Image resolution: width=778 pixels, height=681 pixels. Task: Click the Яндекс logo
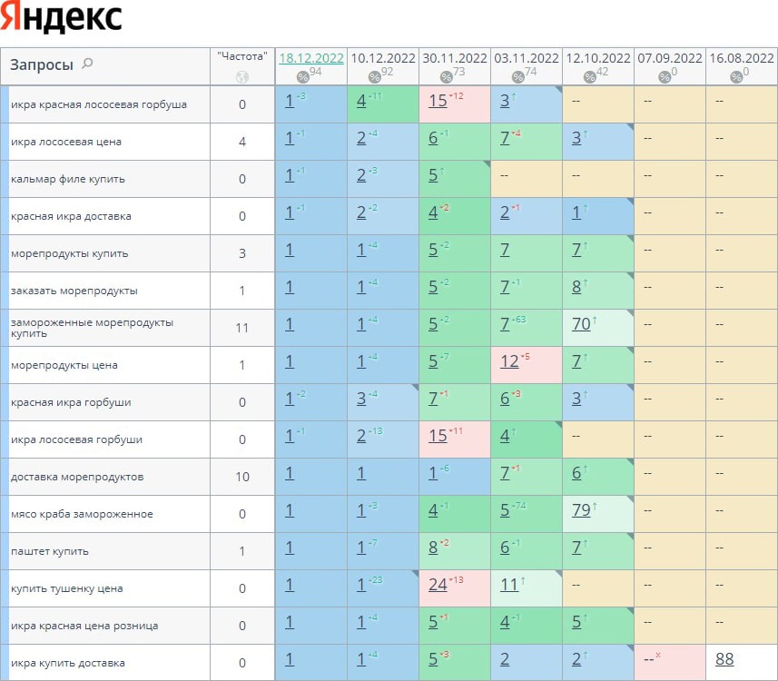tap(62, 18)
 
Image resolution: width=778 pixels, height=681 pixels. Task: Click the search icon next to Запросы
tap(87, 64)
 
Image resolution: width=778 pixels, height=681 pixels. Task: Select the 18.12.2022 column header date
tap(311, 58)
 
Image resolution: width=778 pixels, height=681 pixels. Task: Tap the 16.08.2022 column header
tap(742, 58)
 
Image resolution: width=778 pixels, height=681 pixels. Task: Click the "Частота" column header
tap(242, 56)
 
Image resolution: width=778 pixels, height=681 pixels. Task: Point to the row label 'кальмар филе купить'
tap(68, 179)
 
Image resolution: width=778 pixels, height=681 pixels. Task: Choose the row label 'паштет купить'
tap(50, 551)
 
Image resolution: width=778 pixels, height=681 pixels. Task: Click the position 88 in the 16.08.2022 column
tap(724, 660)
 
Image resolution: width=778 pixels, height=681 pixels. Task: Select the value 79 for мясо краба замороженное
tap(582, 511)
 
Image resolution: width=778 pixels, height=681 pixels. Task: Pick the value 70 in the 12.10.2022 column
tap(582, 323)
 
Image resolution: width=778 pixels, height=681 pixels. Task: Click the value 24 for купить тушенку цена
tap(438, 585)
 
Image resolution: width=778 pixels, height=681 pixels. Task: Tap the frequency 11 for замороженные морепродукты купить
tap(242, 328)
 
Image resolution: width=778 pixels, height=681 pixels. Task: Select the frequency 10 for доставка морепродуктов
tap(242, 477)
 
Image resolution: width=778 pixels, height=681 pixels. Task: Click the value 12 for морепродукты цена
tap(510, 362)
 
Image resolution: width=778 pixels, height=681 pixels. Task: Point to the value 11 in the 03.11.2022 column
tap(508, 585)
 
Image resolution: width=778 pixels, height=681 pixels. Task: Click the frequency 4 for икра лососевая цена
tap(242, 142)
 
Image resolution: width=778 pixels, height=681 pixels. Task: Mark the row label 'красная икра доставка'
tap(71, 216)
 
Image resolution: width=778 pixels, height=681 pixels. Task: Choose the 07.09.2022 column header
tap(670, 58)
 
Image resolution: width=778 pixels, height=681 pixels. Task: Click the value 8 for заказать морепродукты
tap(576, 288)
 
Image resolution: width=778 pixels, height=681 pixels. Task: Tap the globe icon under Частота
tap(242, 77)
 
